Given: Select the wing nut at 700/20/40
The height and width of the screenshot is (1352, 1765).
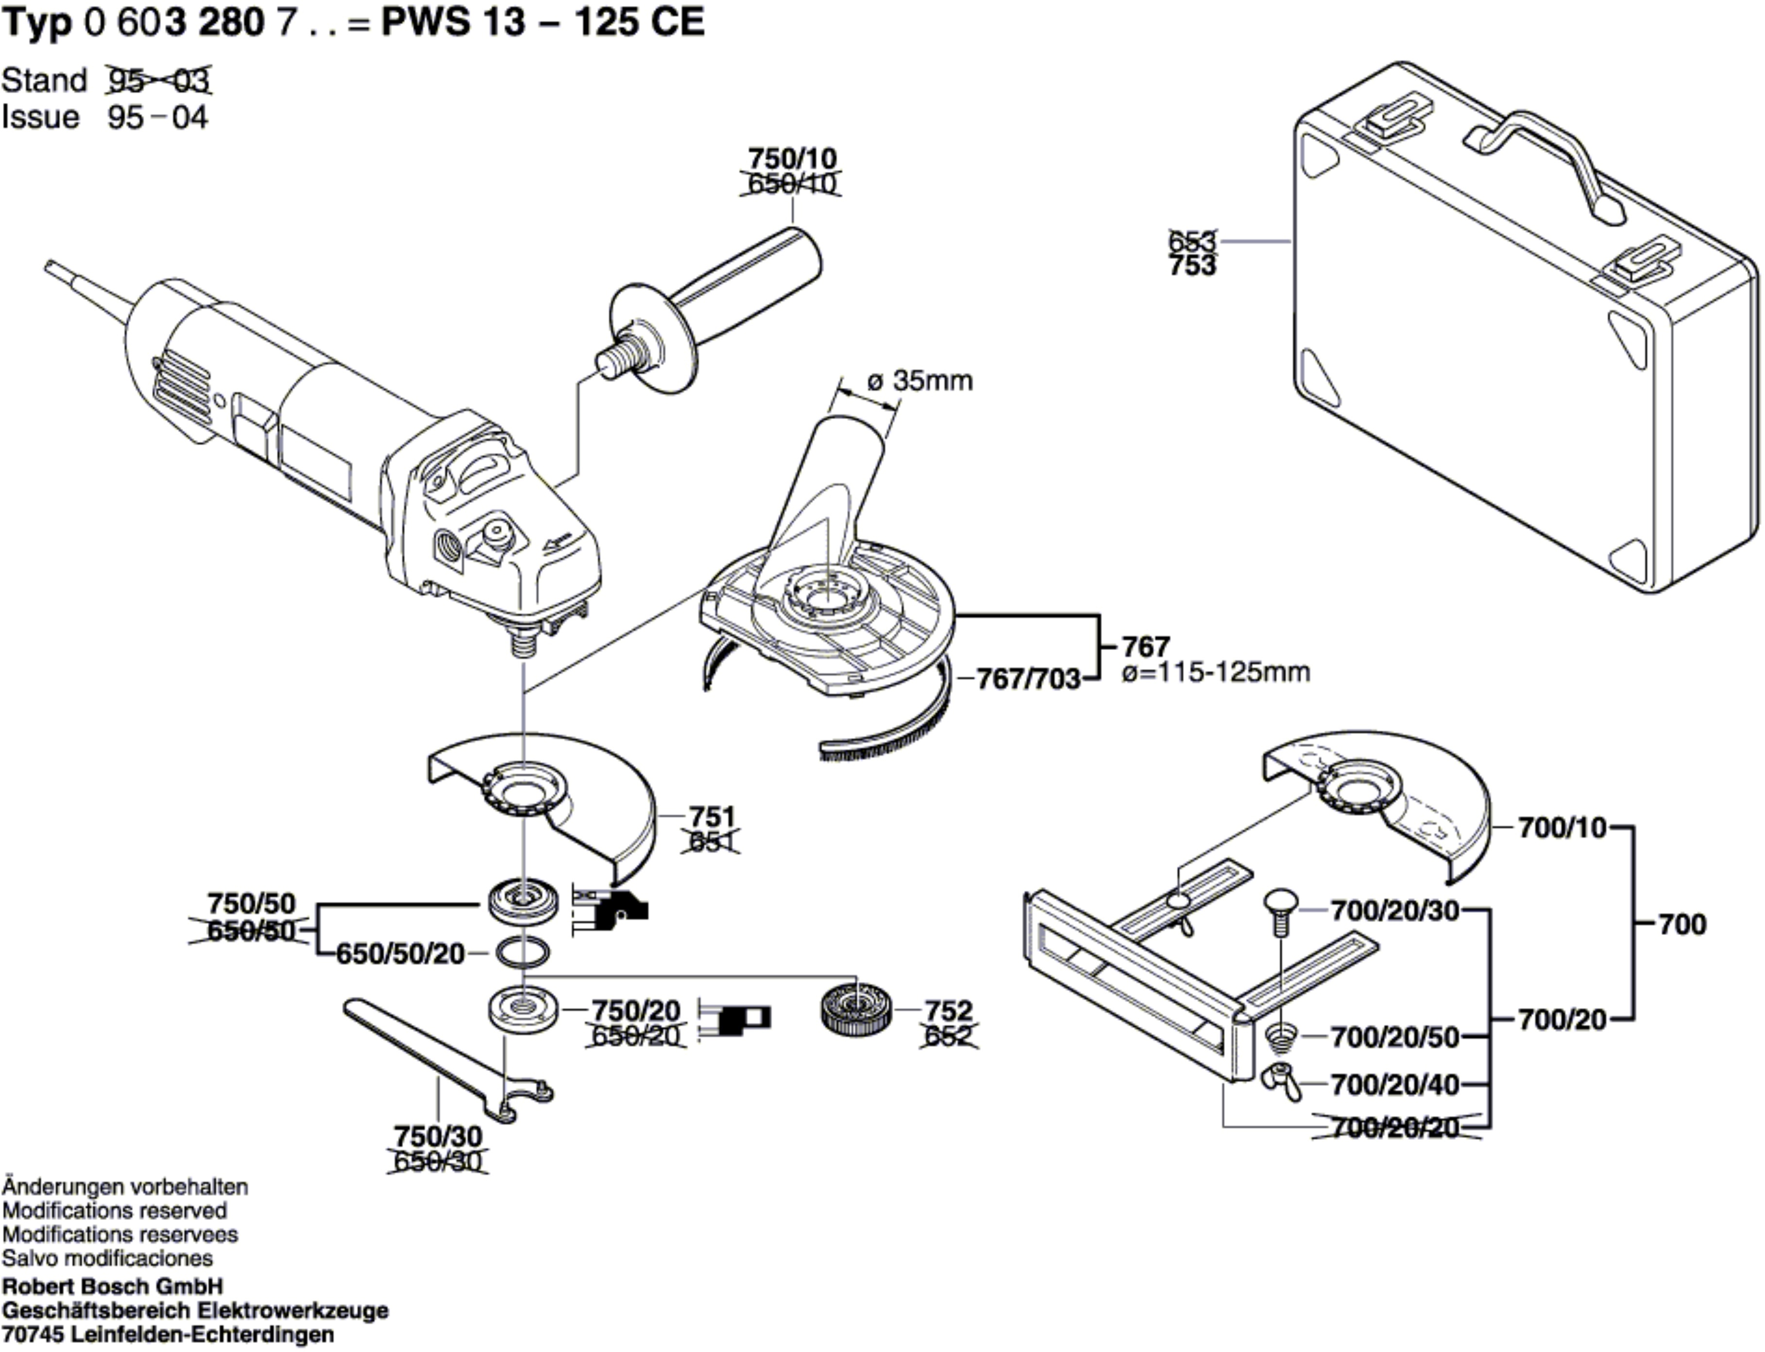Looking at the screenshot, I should click(1282, 1083).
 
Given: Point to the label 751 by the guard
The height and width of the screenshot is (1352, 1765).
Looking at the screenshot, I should click(712, 817).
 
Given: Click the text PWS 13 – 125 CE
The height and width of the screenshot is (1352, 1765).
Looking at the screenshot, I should click(543, 22).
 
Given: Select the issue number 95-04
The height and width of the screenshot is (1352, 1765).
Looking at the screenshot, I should click(158, 117).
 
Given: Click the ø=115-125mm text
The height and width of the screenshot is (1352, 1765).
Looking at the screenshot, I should click(1216, 671).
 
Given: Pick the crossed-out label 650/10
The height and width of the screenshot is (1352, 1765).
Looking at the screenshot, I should click(792, 184).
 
